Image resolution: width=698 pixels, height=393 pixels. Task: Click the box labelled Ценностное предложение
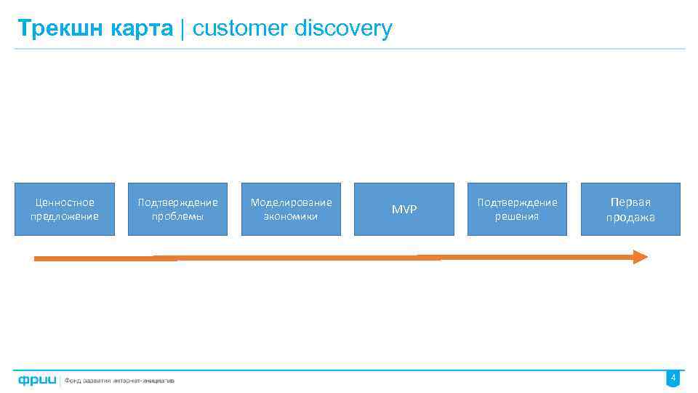click(65, 209)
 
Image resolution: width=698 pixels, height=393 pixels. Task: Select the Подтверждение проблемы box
click(178, 209)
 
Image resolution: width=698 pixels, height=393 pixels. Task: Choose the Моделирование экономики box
click(291, 209)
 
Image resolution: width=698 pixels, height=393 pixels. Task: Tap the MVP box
click(404, 209)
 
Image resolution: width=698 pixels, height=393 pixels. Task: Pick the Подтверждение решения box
click(517, 209)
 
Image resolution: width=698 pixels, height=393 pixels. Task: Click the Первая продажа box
click(630, 209)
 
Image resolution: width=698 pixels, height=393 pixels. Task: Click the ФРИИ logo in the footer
click(37, 380)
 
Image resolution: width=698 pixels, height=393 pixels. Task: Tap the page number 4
click(673, 378)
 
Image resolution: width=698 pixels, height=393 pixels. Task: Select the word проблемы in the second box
click(178, 217)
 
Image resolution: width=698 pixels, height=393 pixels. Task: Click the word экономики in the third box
click(291, 217)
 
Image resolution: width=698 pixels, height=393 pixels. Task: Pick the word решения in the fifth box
click(517, 217)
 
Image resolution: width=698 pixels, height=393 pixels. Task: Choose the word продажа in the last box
click(630, 218)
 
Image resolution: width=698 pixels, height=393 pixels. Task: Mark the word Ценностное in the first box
click(65, 202)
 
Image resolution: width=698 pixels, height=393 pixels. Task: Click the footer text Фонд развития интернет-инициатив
click(120, 381)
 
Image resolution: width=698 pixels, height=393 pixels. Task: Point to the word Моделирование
click(291, 202)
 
